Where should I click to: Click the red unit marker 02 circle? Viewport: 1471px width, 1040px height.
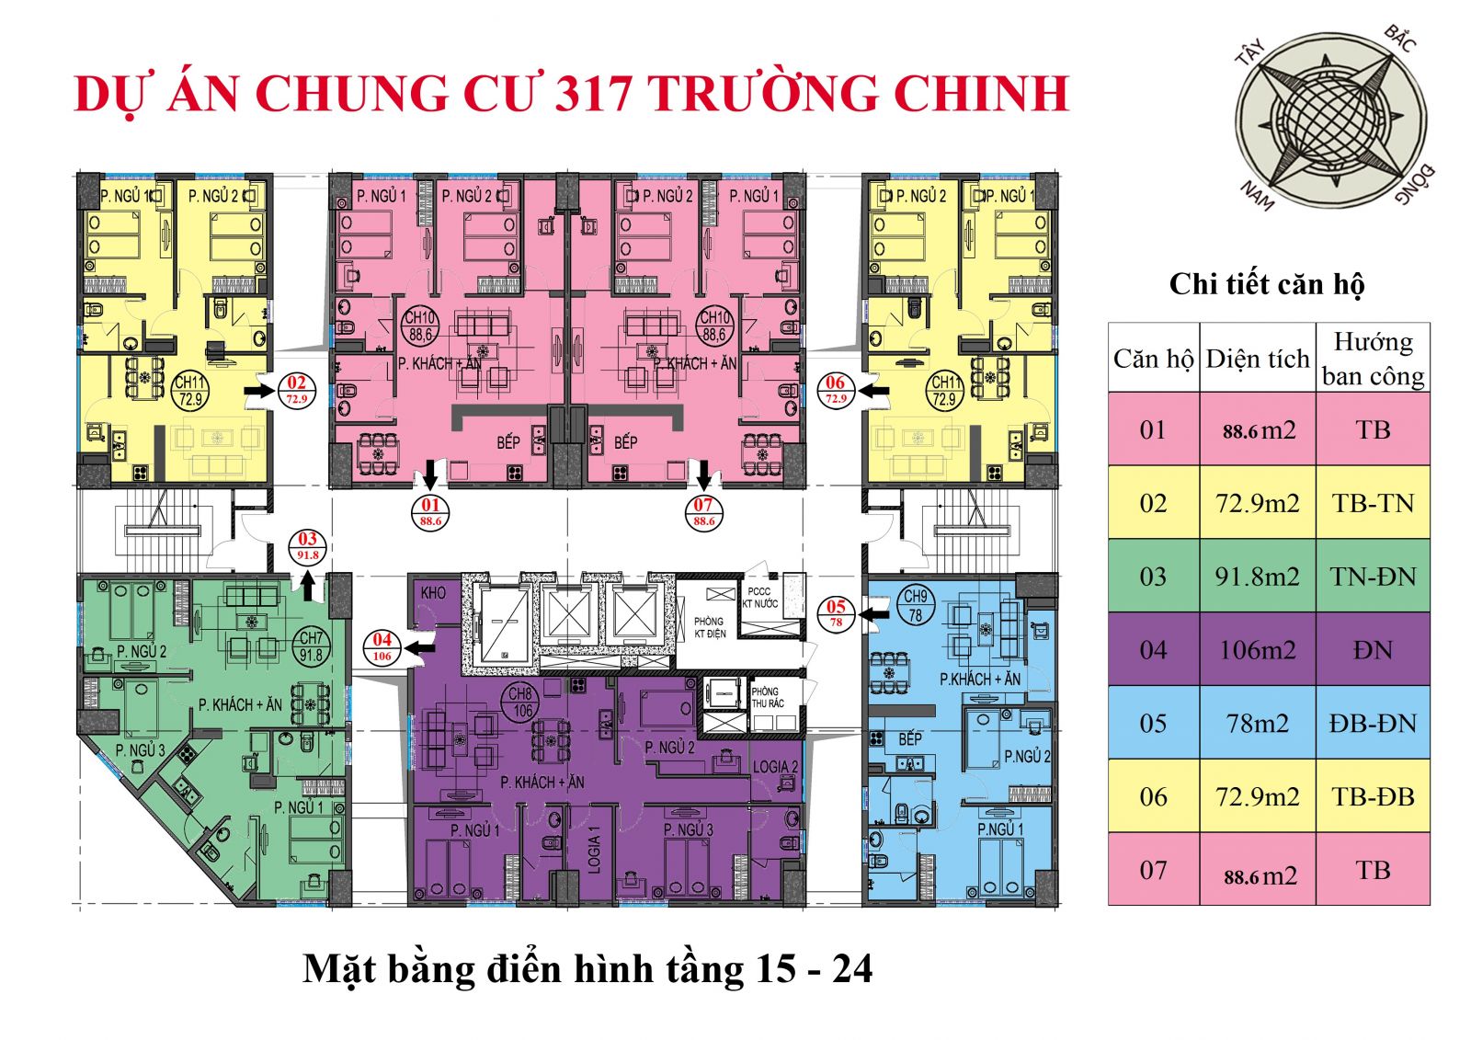pos(296,390)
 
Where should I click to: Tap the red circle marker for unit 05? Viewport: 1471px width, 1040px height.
pos(836,612)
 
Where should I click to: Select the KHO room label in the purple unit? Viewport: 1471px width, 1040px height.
pos(433,593)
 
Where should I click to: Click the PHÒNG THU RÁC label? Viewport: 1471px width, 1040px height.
pos(768,698)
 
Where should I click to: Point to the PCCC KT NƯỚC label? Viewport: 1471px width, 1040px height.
pos(759,598)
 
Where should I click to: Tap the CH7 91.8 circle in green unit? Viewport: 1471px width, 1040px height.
pos(311,646)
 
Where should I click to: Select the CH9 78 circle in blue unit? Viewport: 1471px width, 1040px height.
pos(915,606)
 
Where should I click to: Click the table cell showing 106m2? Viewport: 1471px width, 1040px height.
pos(1257,650)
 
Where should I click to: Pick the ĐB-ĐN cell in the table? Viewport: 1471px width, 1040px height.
pos(1372,724)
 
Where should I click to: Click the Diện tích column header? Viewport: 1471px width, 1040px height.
pos(1257,359)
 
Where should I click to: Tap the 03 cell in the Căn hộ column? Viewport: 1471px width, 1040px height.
pos(1153,577)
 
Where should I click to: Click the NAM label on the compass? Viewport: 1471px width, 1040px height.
pos(1257,195)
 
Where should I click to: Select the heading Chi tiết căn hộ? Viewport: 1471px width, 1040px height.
pos(1266,284)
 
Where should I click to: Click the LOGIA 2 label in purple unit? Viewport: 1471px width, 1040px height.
pos(775,767)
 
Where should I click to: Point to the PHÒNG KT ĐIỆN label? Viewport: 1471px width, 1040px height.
pos(709,627)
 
